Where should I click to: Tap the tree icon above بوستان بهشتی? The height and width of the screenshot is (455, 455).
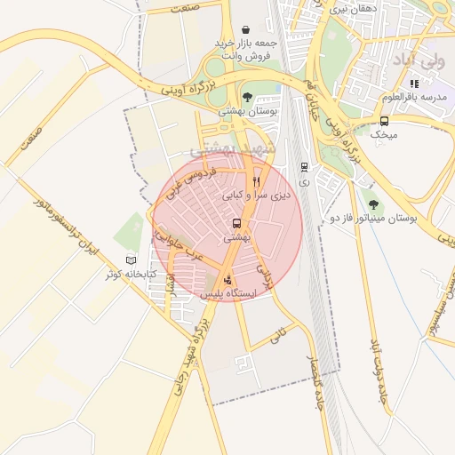point(247,97)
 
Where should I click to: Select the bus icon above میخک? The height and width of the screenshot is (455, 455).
point(384,121)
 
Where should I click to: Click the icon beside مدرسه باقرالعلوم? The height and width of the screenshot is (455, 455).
point(413,84)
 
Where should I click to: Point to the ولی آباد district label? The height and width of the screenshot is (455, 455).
point(417,61)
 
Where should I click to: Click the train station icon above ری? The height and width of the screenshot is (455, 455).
point(305,166)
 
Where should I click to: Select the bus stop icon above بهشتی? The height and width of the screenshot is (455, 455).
point(236,224)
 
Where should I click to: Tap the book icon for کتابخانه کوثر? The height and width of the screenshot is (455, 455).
point(132,260)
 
